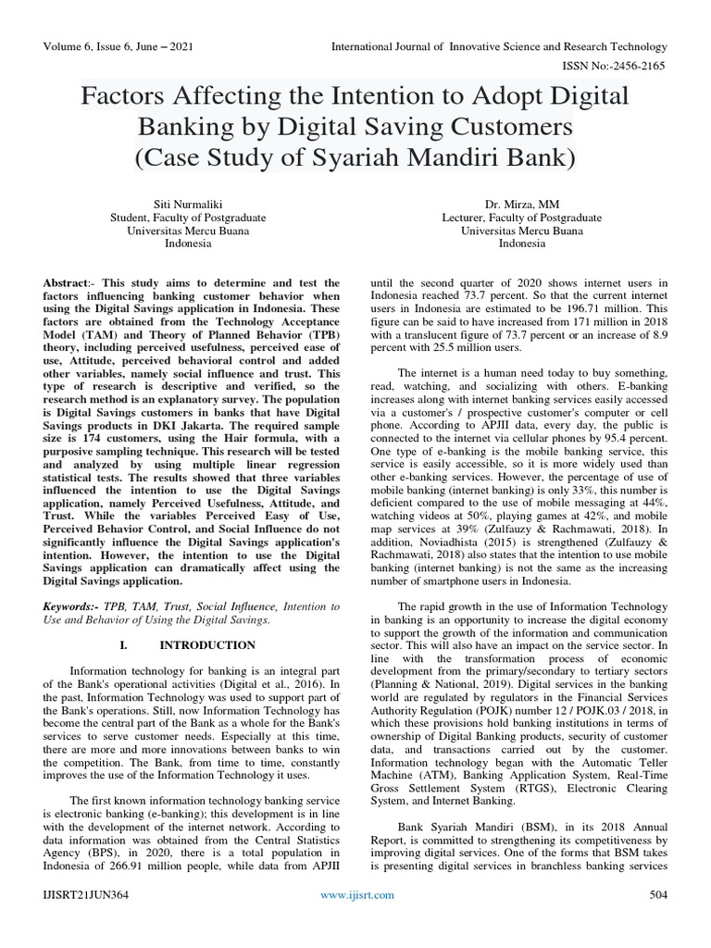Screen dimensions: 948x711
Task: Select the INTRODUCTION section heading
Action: coord(206,644)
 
